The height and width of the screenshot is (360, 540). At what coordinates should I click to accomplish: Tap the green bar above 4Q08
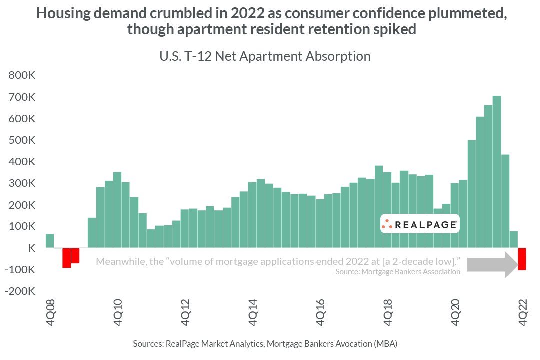tap(50, 241)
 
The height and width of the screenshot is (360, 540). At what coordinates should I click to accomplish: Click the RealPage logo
tap(419, 224)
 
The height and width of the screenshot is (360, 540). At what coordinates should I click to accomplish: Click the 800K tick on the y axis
tap(21, 76)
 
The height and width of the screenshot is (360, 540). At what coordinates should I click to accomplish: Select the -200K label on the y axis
tap(19, 291)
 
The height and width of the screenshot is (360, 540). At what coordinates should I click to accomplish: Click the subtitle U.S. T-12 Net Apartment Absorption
tap(265, 56)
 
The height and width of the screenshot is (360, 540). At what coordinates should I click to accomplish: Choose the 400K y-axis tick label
tap(21, 162)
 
